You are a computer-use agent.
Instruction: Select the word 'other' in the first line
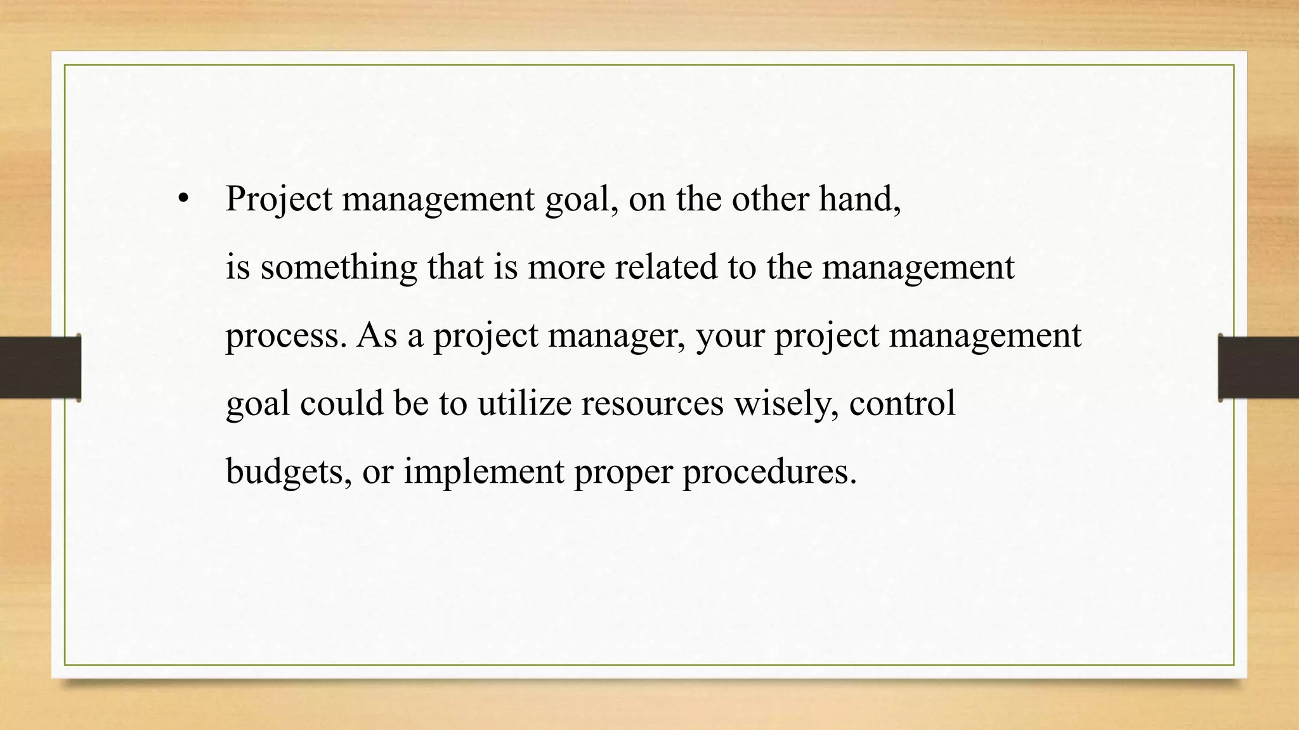click(x=770, y=199)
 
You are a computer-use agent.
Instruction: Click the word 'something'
click(x=339, y=267)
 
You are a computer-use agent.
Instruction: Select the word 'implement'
click(x=484, y=472)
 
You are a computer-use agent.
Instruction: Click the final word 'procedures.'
click(x=769, y=472)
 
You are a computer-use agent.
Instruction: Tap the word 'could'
click(x=342, y=403)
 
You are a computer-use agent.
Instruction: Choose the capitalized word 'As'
click(x=377, y=335)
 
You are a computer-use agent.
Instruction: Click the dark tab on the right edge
click(x=1258, y=368)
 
